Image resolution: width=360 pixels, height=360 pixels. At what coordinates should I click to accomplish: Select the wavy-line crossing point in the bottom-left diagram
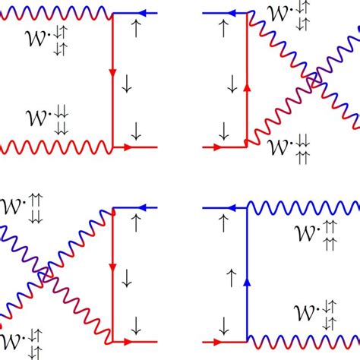(46, 272)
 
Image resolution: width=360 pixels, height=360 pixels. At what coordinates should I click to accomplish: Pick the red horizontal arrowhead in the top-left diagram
(128, 146)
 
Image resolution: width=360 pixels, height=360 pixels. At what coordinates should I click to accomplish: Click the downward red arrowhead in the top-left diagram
(112, 73)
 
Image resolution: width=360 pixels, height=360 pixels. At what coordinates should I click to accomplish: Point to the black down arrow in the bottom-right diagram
(226, 328)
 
